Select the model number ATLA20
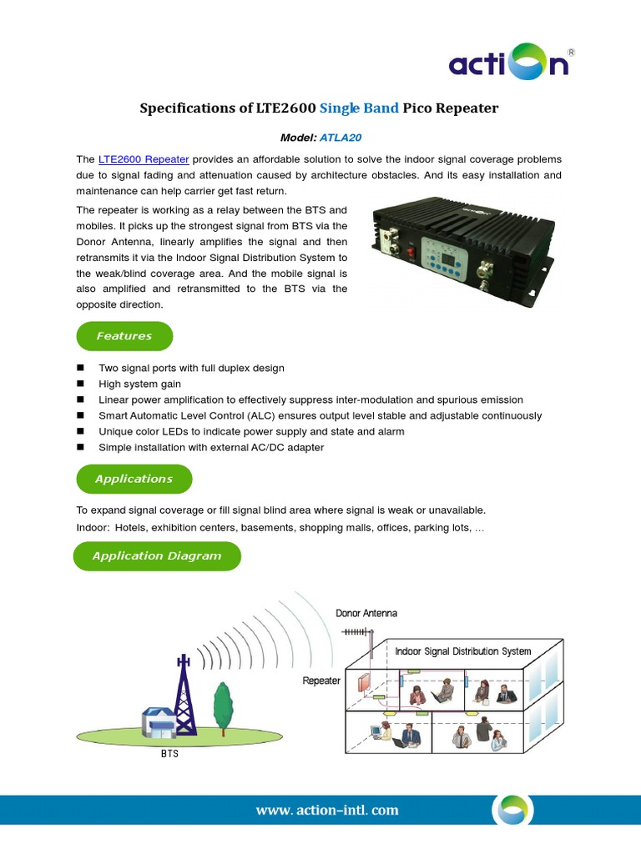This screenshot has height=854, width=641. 340,138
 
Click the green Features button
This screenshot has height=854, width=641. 124,336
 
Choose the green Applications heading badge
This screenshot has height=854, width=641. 134,479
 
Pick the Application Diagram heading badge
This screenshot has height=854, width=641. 157,556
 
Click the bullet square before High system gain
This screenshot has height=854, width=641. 81,384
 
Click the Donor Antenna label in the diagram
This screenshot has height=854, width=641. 366,613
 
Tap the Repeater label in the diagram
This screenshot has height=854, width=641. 321,681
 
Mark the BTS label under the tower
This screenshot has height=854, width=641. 169,753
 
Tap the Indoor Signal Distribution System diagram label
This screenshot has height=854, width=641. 462,651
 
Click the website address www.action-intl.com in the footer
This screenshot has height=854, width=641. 327,810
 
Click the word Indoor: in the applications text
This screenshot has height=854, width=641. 93,528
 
